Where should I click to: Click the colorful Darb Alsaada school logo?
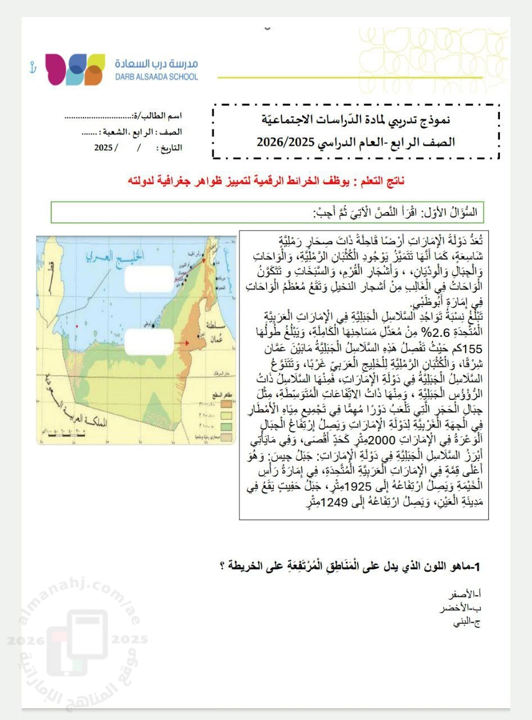tap(75, 69)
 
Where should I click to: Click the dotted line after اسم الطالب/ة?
tap(96, 117)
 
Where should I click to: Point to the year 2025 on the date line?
tap(103, 148)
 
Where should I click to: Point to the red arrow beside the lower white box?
tap(184, 341)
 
